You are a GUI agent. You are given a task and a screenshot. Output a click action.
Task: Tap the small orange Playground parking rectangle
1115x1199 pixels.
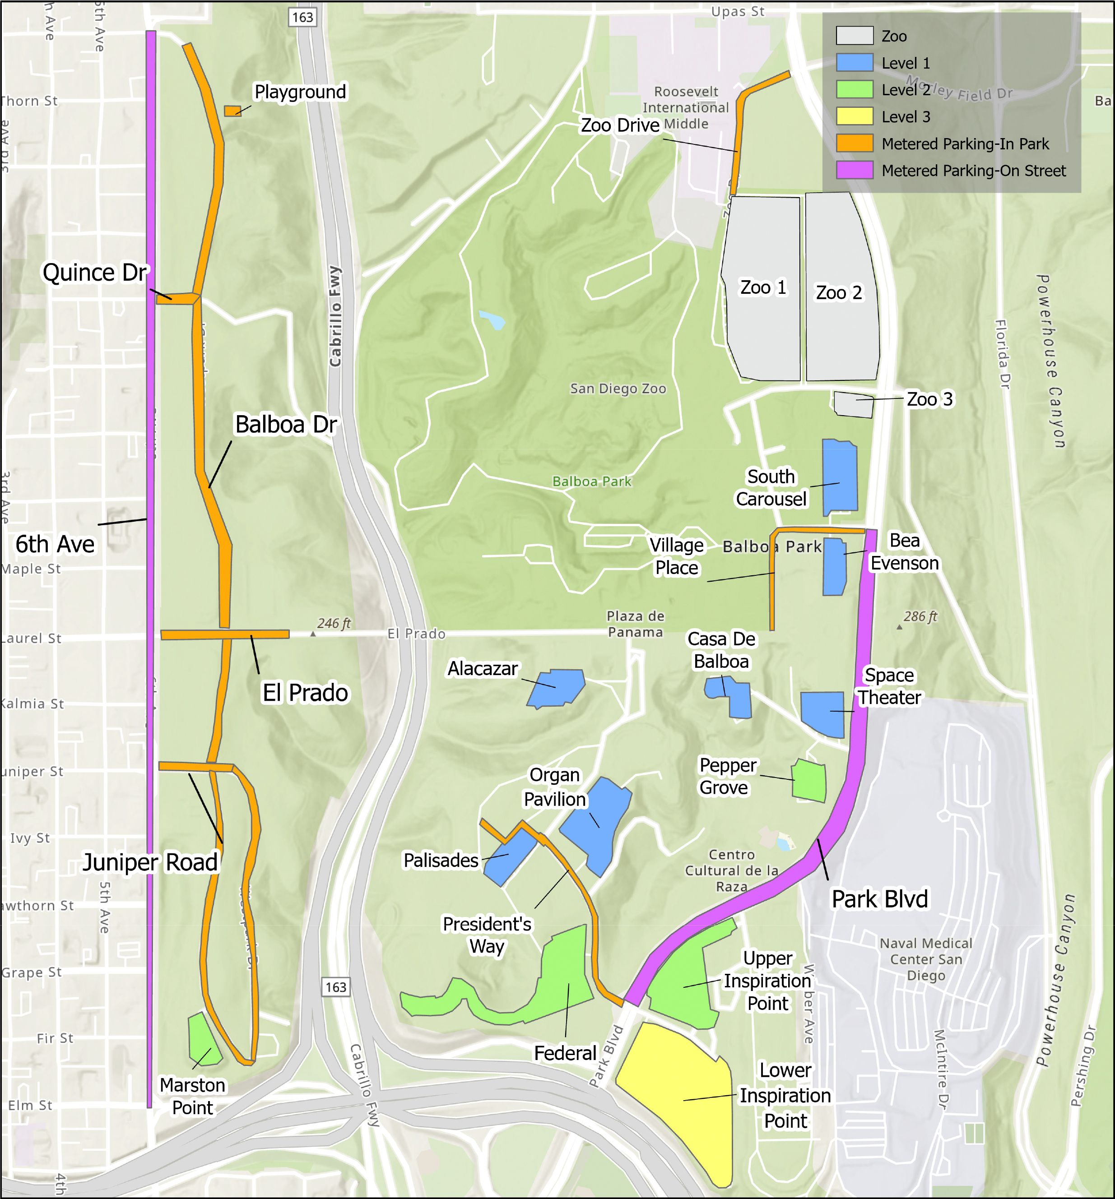pyautogui.click(x=232, y=111)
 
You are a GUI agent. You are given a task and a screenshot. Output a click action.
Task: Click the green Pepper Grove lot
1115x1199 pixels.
pyautogui.click(x=809, y=780)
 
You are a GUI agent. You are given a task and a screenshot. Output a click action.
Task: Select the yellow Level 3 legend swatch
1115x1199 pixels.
pyautogui.click(x=855, y=116)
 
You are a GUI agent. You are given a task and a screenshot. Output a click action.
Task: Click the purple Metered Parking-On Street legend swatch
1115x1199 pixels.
pyautogui.click(x=855, y=171)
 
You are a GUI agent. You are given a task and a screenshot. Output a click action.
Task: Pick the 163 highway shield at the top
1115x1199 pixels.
pyautogui.click(x=302, y=17)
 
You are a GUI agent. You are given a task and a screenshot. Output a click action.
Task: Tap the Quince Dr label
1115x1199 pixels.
pyautogui.click(x=95, y=273)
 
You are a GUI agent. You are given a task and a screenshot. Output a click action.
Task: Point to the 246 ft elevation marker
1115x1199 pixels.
pyautogui.click(x=333, y=623)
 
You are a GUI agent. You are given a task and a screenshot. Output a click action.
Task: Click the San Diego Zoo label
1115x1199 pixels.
pyautogui.click(x=618, y=389)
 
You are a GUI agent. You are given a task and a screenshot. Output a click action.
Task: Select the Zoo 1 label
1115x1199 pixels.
pyautogui.click(x=763, y=288)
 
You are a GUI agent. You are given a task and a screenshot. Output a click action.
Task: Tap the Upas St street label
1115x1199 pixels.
pyautogui.click(x=737, y=11)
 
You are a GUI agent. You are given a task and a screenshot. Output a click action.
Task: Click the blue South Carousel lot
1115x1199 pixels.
pyautogui.click(x=840, y=477)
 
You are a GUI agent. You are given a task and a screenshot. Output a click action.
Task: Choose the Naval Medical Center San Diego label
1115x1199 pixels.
pyautogui.click(x=925, y=959)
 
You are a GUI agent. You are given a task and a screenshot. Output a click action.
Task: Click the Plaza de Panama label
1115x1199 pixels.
pyautogui.click(x=635, y=624)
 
